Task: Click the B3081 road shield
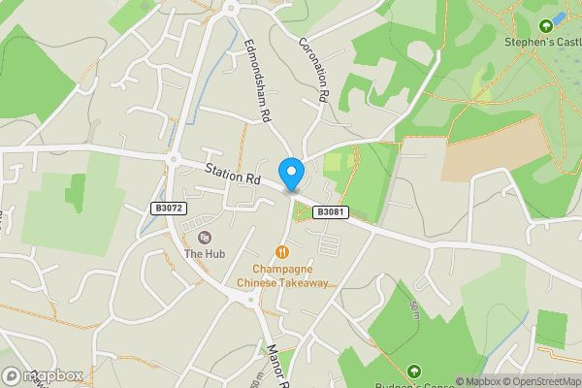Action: (331, 212)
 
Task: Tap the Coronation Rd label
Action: (313, 70)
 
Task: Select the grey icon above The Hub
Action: (205, 238)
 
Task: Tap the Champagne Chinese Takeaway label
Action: (283, 275)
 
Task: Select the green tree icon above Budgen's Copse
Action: (414, 371)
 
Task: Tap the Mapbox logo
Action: (43, 375)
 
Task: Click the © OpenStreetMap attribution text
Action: (542, 381)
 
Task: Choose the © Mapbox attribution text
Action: (479, 381)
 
